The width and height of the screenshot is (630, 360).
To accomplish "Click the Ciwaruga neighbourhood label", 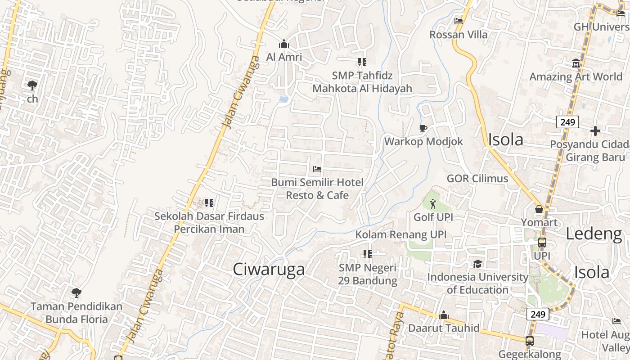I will tap(269, 269).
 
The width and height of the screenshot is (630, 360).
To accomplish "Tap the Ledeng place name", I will tap(593, 234).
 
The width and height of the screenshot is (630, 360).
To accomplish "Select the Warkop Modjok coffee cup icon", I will tap(423, 129).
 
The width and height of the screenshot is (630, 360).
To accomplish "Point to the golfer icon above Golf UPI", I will tap(433, 204).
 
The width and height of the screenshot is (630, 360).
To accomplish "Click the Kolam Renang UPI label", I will tap(401, 234).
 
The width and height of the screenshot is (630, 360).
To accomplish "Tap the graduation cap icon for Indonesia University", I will tap(477, 264).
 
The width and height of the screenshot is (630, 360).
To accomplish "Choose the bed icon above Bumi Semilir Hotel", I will tap(317, 169).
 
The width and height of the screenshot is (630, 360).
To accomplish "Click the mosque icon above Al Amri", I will tap(283, 44).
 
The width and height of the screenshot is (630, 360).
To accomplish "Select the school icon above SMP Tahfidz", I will tap(362, 62).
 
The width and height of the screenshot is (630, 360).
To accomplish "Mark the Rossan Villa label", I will tap(458, 35).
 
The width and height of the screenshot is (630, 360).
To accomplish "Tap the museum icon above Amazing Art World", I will tap(576, 63).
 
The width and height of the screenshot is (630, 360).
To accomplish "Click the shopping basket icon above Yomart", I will tap(539, 209).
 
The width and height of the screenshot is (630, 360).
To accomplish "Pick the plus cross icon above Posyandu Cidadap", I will tap(595, 131).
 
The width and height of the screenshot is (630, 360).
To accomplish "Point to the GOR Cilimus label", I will tap(477, 179).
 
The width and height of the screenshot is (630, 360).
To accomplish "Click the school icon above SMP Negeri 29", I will tap(368, 254).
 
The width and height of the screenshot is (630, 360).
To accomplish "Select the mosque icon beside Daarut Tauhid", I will tap(443, 315).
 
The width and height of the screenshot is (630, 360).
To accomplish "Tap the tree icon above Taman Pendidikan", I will tap(76, 293).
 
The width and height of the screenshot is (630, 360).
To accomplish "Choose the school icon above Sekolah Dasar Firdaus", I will tap(209, 203).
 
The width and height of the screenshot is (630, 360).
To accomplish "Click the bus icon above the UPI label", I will tap(542, 243).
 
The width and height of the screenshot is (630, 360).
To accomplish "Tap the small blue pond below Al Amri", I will tap(283, 99).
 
